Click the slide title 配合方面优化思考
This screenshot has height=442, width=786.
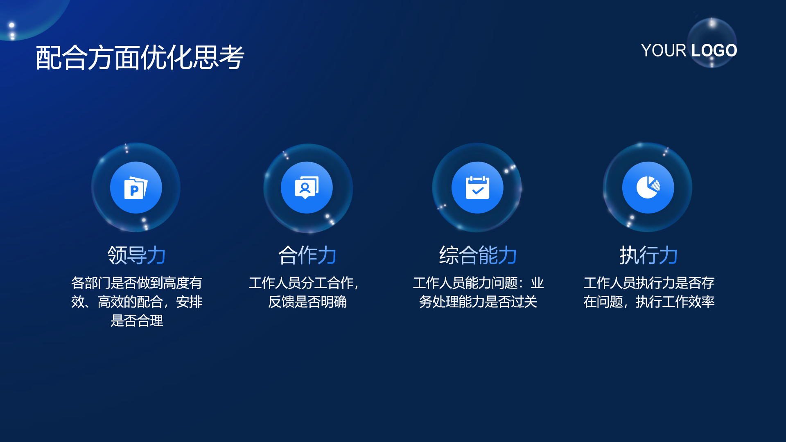(140, 57)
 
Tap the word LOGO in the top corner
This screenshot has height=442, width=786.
(714, 50)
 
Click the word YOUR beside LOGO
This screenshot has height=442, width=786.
(664, 50)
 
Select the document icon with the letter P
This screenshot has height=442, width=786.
(136, 187)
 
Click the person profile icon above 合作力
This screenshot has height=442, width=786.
(307, 187)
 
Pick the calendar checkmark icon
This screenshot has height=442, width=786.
(477, 187)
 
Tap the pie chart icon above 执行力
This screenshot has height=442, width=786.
(648, 187)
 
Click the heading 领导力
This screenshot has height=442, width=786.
(136, 255)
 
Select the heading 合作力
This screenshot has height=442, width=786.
(307, 255)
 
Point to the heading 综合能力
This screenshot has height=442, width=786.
(478, 255)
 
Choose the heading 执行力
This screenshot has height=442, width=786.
(648, 255)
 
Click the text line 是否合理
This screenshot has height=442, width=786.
(137, 320)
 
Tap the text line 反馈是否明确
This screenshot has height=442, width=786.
(307, 302)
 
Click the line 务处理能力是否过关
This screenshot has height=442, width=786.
(478, 302)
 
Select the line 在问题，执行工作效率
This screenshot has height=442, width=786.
(649, 302)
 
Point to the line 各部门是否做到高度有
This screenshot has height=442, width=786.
(137, 283)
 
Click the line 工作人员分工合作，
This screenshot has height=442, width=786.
(304, 283)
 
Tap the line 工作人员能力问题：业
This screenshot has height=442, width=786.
(478, 283)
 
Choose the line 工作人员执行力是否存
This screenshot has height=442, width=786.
(649, 283)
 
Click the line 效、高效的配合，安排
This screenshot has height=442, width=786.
(137, 302)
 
